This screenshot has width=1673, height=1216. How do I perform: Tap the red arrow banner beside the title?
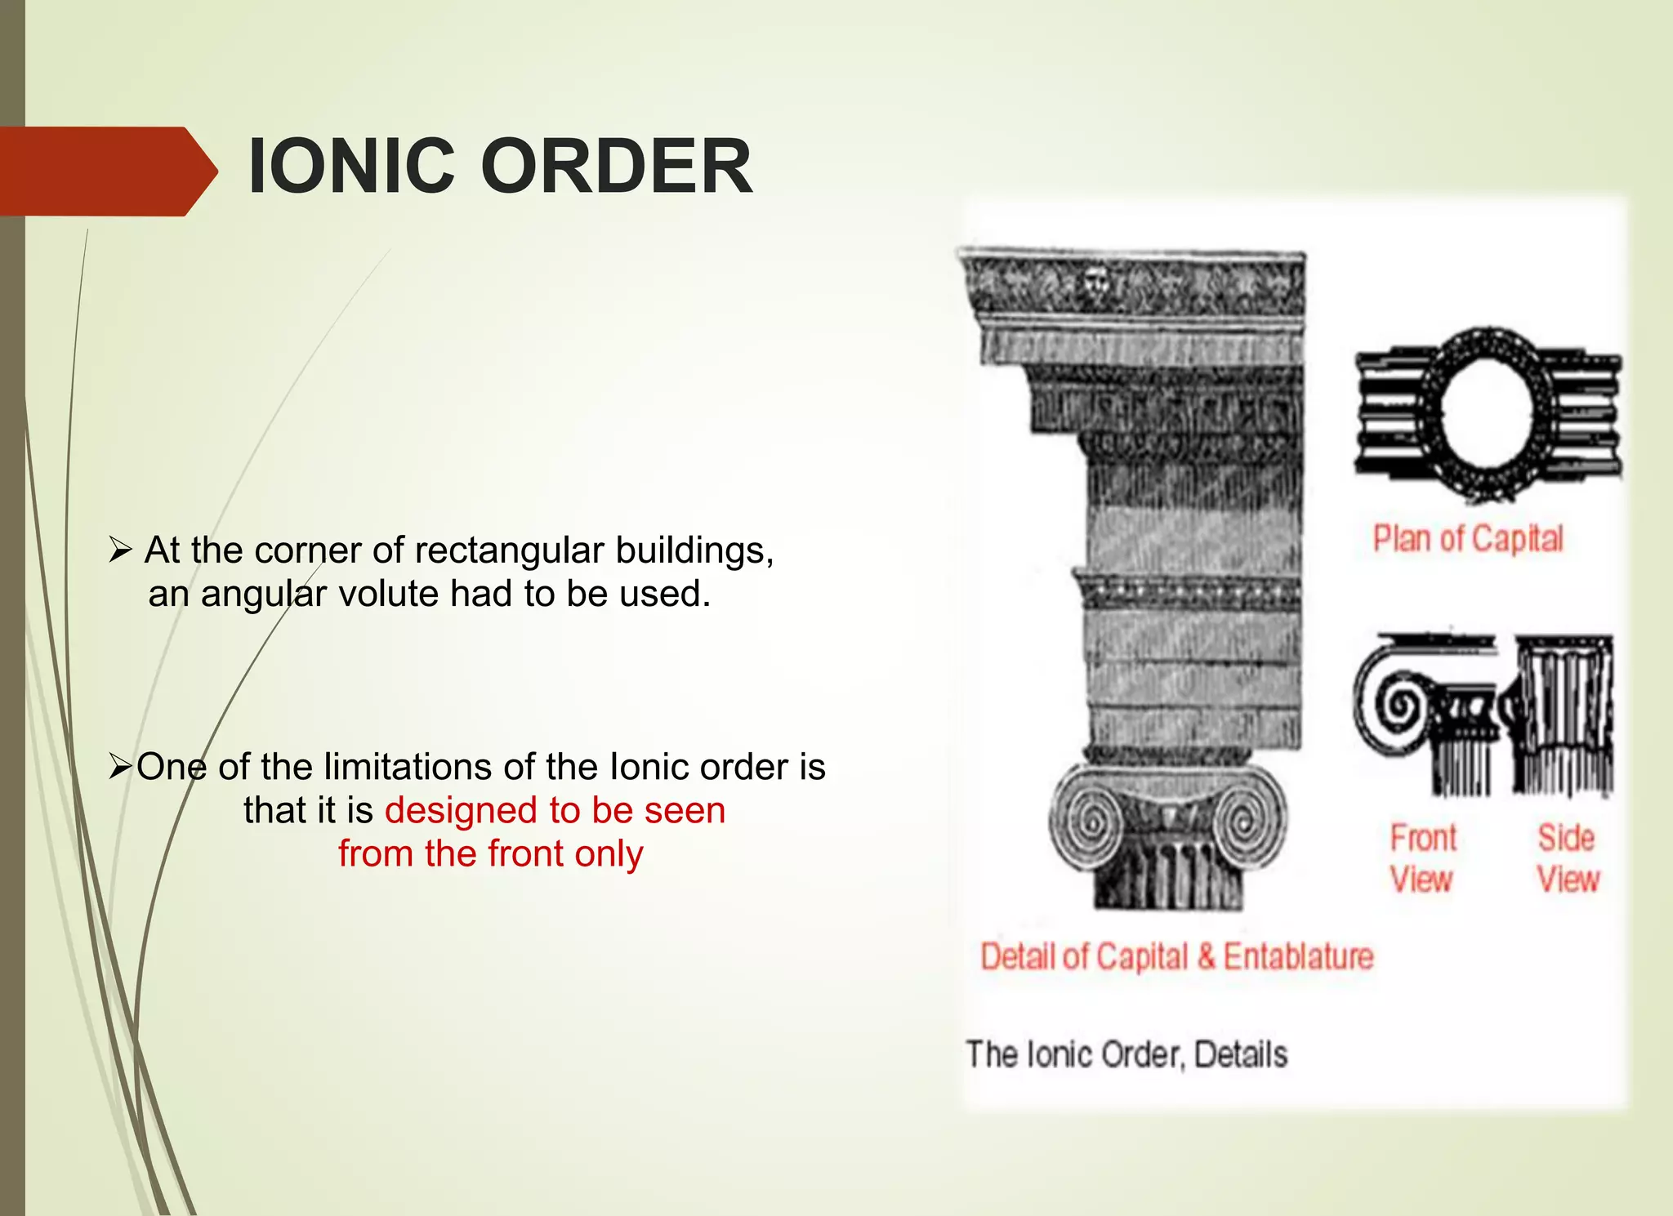coord(106,171)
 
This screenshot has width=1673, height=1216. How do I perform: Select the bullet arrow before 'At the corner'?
coord(120,551)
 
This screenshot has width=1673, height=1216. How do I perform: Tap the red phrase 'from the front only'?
coord(491,854)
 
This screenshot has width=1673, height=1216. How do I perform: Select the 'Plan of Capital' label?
coord(1468,539)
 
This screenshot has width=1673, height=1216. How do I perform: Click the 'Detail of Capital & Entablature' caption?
coord(1177,956)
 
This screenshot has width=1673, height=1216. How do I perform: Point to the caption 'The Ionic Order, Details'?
coord(1126,1054)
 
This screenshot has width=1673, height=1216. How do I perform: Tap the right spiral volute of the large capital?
coord(1247,820)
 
